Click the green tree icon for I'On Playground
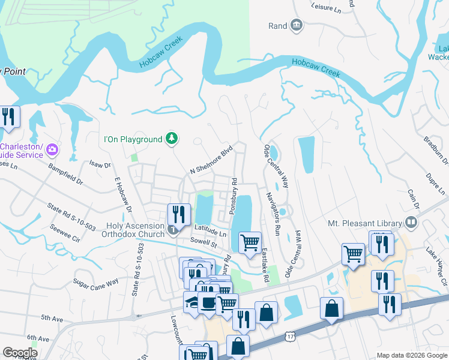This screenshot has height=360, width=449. pyautogui.click(x=172, y=139)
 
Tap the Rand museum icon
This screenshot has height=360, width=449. pyautogui.click(x=296, y=25)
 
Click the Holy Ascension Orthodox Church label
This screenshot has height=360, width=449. pyautogui.click(x=135, y=230)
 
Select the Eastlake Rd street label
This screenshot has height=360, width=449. pyautogui.click(x=264, y=266)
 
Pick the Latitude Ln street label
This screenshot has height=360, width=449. pyautogui.click(x=210, y=229)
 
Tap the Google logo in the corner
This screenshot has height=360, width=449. pyautogui.click(x=20, y=353)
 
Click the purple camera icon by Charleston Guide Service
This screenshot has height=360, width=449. pyautogui.click(x=53, y=149)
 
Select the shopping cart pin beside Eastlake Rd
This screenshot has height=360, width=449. pyautogui.click(x=250, y=243)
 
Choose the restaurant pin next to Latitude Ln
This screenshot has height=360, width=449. pyautogui.click(x=179, y=215)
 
